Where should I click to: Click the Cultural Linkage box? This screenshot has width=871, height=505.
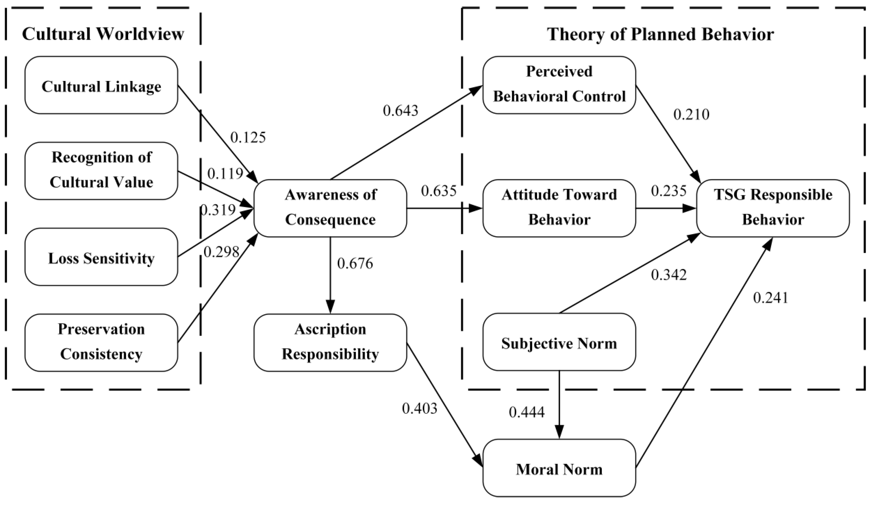point(101,85)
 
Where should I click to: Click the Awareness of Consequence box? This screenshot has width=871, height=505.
point(330,208)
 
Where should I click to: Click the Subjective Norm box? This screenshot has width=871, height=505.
point(559,342)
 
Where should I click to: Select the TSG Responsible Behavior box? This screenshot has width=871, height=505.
point(773,208)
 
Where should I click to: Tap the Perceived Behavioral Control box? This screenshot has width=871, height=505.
point(559,85)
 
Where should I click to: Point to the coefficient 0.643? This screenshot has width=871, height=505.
point(400,110)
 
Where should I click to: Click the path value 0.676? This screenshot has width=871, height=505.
point(355,264)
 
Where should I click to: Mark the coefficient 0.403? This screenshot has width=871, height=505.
point(419,409)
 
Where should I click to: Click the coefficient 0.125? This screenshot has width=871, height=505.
point(248,138)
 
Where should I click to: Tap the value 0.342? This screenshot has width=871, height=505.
point(668,275)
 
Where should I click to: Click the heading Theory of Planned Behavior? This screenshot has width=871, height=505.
point(660,34)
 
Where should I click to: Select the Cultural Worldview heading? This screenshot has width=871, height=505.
point(103,34)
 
